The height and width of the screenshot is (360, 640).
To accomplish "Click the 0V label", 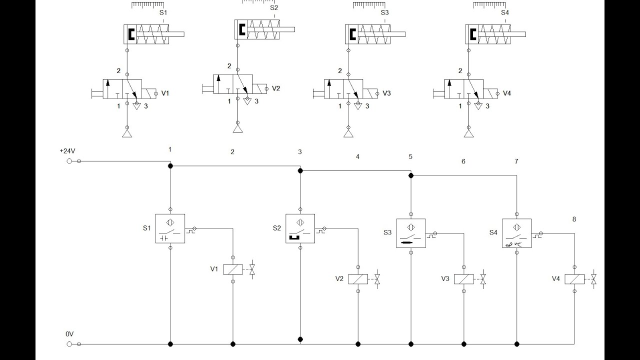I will pos(69,333).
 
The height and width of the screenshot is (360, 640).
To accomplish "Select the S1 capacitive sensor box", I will pos(170,228).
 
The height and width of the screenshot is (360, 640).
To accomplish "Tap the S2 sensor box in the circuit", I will pos(300,228).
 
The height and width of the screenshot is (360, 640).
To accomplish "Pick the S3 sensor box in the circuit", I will pos(411,233).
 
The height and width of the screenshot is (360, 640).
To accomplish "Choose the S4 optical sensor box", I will pos(516,233).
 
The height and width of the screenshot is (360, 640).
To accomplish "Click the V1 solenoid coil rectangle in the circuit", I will pos(233,269).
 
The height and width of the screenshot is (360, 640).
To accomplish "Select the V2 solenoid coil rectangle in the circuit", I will pos(358,279).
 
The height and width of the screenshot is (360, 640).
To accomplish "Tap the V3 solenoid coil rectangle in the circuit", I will pos(464,279).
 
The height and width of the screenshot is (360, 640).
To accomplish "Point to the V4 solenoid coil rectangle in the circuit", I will pos(574,279).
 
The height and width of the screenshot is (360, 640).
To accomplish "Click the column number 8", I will pos(574,219).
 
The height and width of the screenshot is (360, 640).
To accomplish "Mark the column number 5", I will pos(410,156).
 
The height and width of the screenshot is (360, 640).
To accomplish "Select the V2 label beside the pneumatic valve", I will pos(276,88).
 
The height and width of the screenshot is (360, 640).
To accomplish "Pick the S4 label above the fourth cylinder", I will pos(505,13).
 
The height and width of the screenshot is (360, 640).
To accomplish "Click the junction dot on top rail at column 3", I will pos(300,170).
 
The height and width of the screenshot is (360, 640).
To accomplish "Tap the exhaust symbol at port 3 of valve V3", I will pos(357,105).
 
